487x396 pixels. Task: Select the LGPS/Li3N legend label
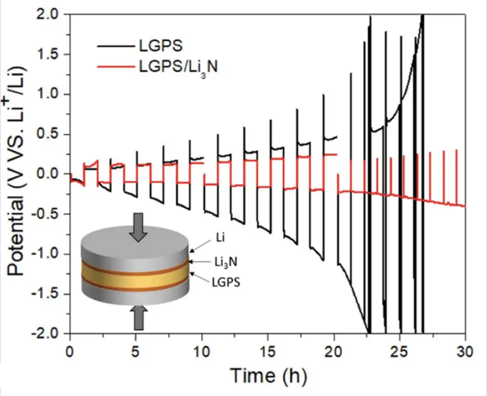(x=178, y=67)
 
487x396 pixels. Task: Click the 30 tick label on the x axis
(x=465, y=351)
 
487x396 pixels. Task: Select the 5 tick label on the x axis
(x=135, y=351)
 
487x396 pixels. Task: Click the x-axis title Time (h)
(x=268, y=376)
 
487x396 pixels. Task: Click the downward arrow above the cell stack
(x=138, y=227)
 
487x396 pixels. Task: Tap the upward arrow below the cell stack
(x=138, y=318)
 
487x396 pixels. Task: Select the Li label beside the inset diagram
(x=220, y=238)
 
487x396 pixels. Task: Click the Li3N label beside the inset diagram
(x=226, y=262)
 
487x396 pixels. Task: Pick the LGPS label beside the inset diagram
(x=226, y=283)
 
